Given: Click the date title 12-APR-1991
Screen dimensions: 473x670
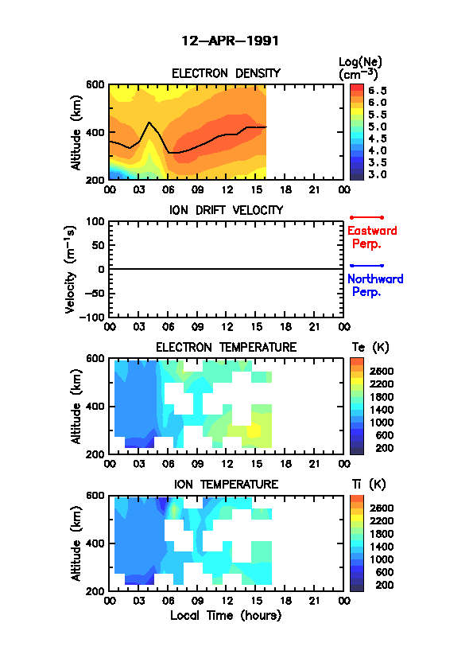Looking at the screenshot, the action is (230, 41).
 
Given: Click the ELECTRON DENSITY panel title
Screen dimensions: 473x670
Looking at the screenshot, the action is (226, 73).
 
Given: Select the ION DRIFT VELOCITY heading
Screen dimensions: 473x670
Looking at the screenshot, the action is (227, 210).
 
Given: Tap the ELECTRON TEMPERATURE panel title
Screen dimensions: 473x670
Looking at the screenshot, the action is (226, 348).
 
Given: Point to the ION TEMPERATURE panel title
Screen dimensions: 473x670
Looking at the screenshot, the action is (226, 485).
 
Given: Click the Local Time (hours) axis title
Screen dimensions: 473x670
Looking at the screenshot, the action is (226, 616).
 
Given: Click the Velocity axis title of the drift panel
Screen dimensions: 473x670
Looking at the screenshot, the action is (71, 269).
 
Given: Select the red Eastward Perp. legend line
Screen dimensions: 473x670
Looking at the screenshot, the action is (366, 217).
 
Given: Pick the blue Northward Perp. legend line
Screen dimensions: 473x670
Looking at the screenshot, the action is (366, 266).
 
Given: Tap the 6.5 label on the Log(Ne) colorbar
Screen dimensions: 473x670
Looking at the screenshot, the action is (378, 91).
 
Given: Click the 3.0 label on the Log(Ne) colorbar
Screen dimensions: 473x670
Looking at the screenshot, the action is (378, 174).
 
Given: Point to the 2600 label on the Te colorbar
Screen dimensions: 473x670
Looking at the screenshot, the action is (382, 371).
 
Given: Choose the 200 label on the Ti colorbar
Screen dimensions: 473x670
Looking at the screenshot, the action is (384, 585).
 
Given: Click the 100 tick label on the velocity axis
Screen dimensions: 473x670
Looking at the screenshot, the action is (95, 221).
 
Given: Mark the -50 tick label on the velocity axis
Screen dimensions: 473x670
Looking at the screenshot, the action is (95, 294).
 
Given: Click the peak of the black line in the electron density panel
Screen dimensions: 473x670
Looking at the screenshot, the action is (149, 123).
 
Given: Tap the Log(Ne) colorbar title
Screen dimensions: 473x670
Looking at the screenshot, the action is (360, 68).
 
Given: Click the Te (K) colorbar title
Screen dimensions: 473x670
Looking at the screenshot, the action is (370, 348).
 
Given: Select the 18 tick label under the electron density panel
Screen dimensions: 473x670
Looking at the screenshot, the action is (285, 189).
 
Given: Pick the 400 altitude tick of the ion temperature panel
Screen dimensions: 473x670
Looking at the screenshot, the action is (95, 543).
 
